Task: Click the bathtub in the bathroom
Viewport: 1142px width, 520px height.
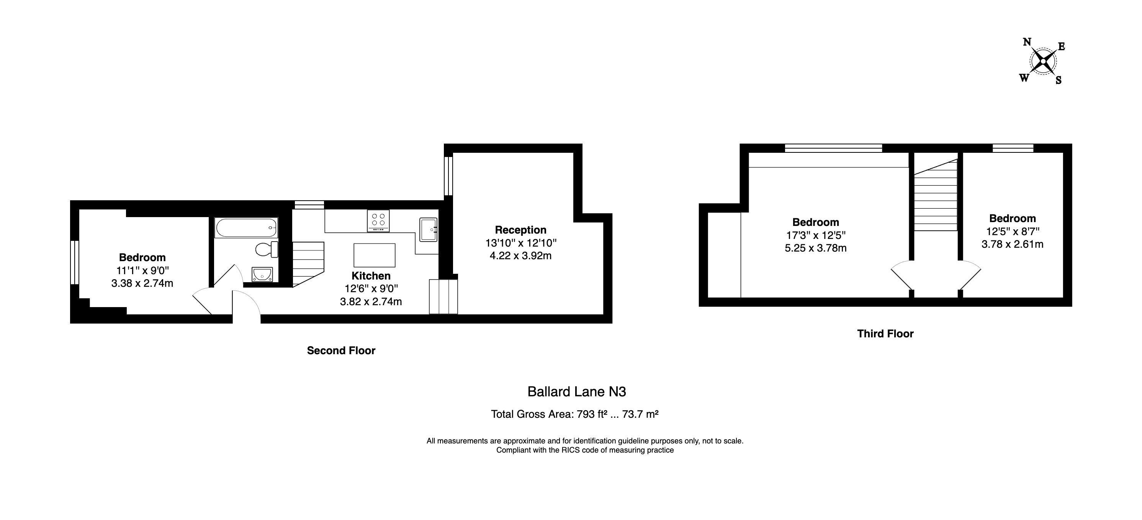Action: point(246,228)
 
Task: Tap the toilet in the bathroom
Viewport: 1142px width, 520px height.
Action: point(267,249)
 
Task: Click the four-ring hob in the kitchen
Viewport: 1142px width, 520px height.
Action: point(378,220)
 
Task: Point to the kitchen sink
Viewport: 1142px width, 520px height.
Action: point(428,230)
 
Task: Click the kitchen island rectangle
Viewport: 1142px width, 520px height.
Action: point(374,255)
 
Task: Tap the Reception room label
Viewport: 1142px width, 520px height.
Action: point(520,230)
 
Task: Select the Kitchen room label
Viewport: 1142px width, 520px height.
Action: point(371,276)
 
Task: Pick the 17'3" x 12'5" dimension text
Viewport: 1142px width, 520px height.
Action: point(815,235)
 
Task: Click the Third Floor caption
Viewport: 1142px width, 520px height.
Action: point(885,334)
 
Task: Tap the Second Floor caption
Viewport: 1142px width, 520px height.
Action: point(341,351)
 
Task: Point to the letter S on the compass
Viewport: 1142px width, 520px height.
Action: point(1058,81)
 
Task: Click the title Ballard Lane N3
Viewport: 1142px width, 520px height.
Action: point(576,391)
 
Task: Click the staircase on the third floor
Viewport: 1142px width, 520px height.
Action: point(936,197)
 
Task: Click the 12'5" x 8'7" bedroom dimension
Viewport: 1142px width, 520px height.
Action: point(1012,231)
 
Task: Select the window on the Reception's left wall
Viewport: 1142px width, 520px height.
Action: point(448,176)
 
